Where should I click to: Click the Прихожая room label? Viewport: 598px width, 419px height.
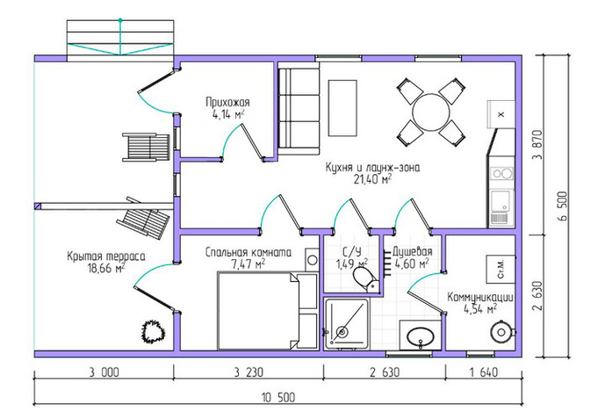tap(227, 102)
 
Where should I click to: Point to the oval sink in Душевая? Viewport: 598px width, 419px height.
tap(421, 336)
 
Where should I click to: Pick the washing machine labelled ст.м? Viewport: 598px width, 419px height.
tap(501, 269)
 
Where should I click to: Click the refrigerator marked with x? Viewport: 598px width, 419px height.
tap(501, 113)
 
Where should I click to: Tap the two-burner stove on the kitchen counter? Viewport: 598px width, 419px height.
tap(502, 174)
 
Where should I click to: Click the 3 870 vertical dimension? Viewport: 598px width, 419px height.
tap(537, 146)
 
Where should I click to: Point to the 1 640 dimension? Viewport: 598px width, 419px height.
tap(484, 372)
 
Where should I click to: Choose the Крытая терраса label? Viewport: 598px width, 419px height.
tap(106, 256)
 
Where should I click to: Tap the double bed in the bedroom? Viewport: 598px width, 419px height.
tap(267, 311)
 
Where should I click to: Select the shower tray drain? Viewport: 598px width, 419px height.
tap(342, 332)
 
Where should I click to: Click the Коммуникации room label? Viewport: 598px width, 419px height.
tap(480, 297)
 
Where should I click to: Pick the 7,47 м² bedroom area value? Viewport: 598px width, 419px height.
tap(249, 264)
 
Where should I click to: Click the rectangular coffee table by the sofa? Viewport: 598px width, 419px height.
tap(342, 108)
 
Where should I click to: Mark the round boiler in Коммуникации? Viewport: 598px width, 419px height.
tap(501, 332)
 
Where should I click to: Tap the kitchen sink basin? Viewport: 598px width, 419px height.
tap(501, 200)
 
